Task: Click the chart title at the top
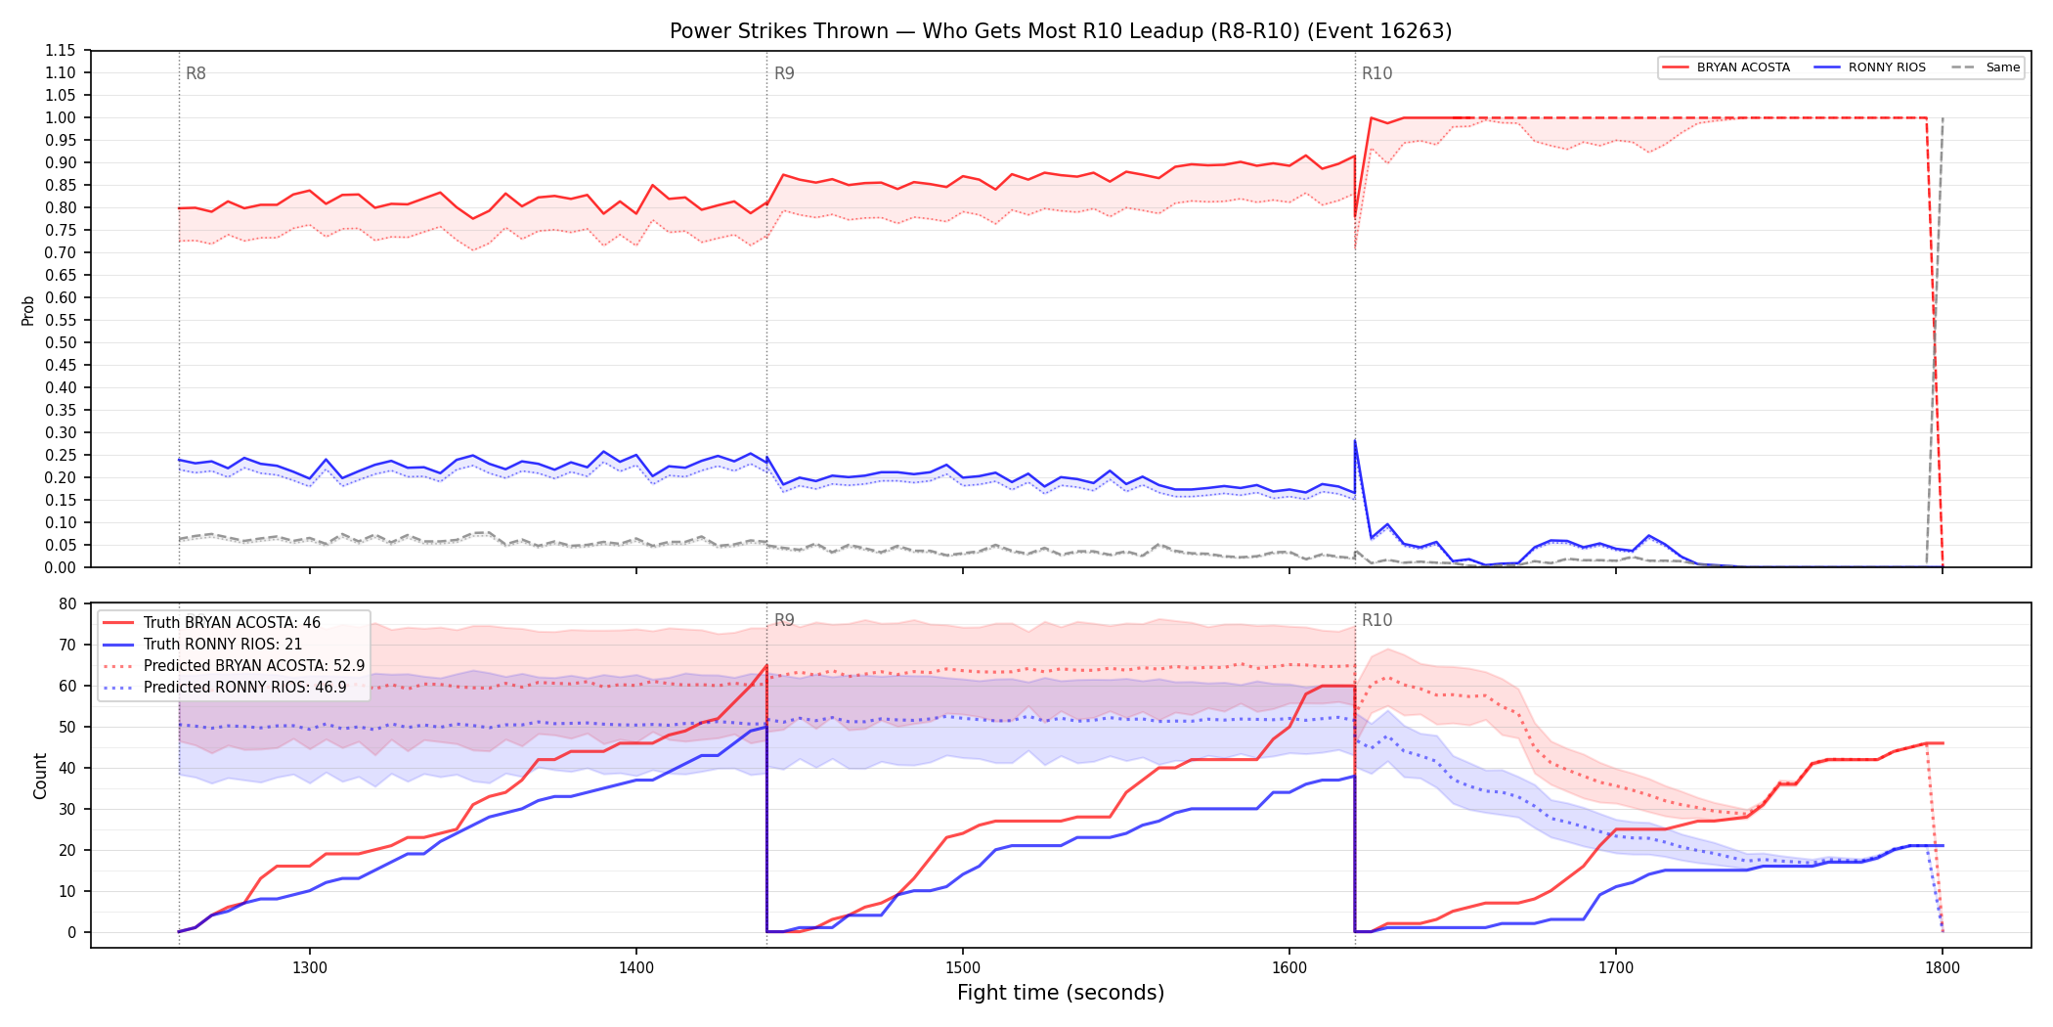coord(1061,31)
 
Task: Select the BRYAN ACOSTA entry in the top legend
coord(1726,67)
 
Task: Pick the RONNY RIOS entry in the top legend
coord(1870,67)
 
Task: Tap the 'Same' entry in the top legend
coord(1986,67)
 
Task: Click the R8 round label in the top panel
coord(196,73)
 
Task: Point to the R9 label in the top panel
coord(784,73)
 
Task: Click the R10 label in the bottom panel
coord(1376,620)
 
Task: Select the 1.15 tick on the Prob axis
coord(61,51)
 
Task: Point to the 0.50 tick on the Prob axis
coord(61,342)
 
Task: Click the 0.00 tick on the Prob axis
coord(61,567)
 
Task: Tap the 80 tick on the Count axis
coord(67,603)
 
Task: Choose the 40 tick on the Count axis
coord(67,768)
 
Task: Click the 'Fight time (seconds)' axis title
coord(1061,993)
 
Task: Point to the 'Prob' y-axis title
coord(28,310)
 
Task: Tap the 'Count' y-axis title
coord(40,776)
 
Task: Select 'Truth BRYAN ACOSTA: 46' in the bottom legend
coord(232,623)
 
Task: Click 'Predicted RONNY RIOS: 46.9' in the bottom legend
coord(244,688)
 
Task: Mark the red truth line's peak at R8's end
coord(766,665)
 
